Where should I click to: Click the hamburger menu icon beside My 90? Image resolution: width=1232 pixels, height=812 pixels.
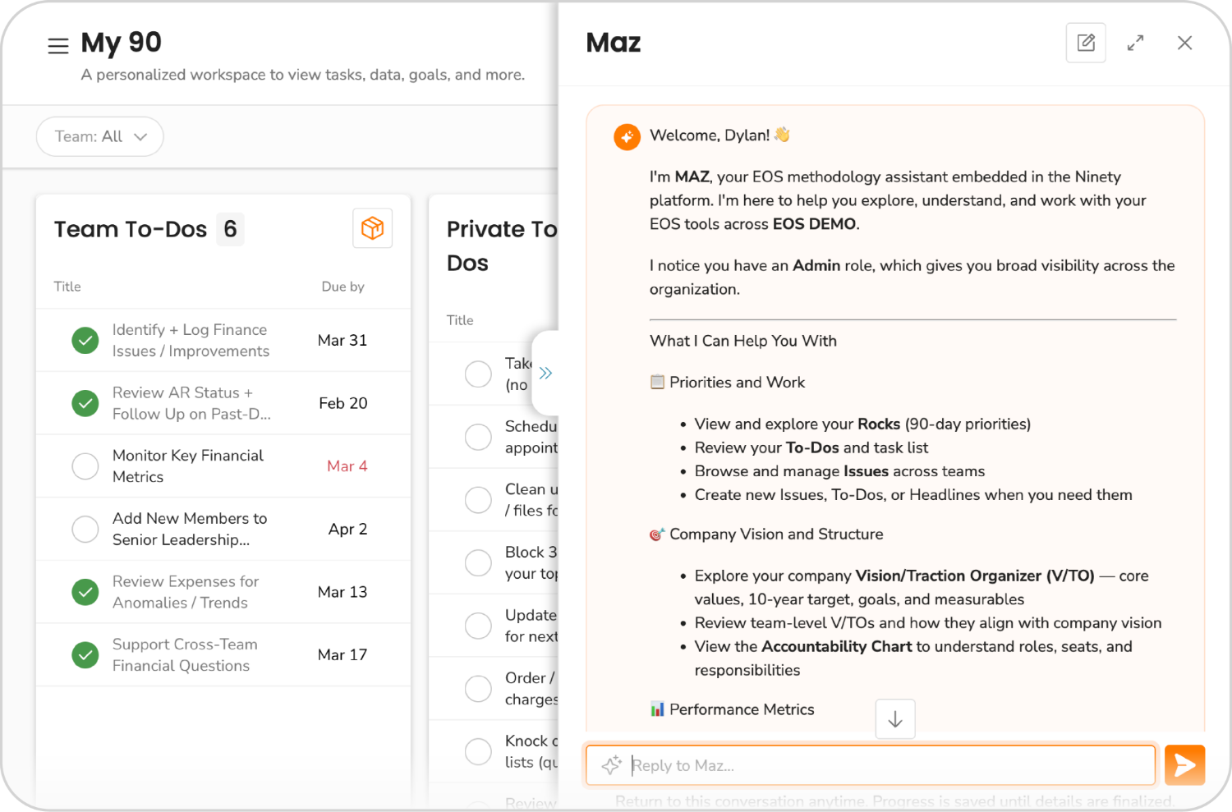(58, 47)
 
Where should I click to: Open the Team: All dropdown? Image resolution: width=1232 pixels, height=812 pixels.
(99, 136)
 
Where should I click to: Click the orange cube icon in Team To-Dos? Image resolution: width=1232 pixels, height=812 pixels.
(372, 228)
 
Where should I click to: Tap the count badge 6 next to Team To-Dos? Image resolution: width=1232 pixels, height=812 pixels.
(230, 229)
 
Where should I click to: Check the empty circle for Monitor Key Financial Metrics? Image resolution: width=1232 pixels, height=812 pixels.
(85, 466)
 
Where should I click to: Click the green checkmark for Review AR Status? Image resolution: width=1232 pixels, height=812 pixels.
(85, 403)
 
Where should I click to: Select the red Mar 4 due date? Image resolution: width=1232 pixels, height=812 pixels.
(347, 466)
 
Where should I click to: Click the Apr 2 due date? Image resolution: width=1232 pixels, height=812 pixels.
(347, 530)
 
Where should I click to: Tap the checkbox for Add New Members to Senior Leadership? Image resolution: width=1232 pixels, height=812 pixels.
(85, 530)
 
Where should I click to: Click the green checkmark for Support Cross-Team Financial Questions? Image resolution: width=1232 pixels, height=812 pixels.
(85, 655)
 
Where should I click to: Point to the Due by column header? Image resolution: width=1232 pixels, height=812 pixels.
(342, 287)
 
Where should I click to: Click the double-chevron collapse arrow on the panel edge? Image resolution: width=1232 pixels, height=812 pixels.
(545, 374)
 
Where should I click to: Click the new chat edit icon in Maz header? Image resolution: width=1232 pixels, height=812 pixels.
(1086, 43)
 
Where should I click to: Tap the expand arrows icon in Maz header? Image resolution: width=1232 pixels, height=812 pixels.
(1135, 43)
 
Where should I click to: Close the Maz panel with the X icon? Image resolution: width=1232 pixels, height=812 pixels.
(1184, 43)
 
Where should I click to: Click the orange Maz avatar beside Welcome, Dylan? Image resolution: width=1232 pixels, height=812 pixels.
(627, 137)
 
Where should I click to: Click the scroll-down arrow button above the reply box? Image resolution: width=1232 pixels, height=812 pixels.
(895, 719)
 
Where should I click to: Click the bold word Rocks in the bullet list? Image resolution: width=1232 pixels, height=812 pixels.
(879, 424)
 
